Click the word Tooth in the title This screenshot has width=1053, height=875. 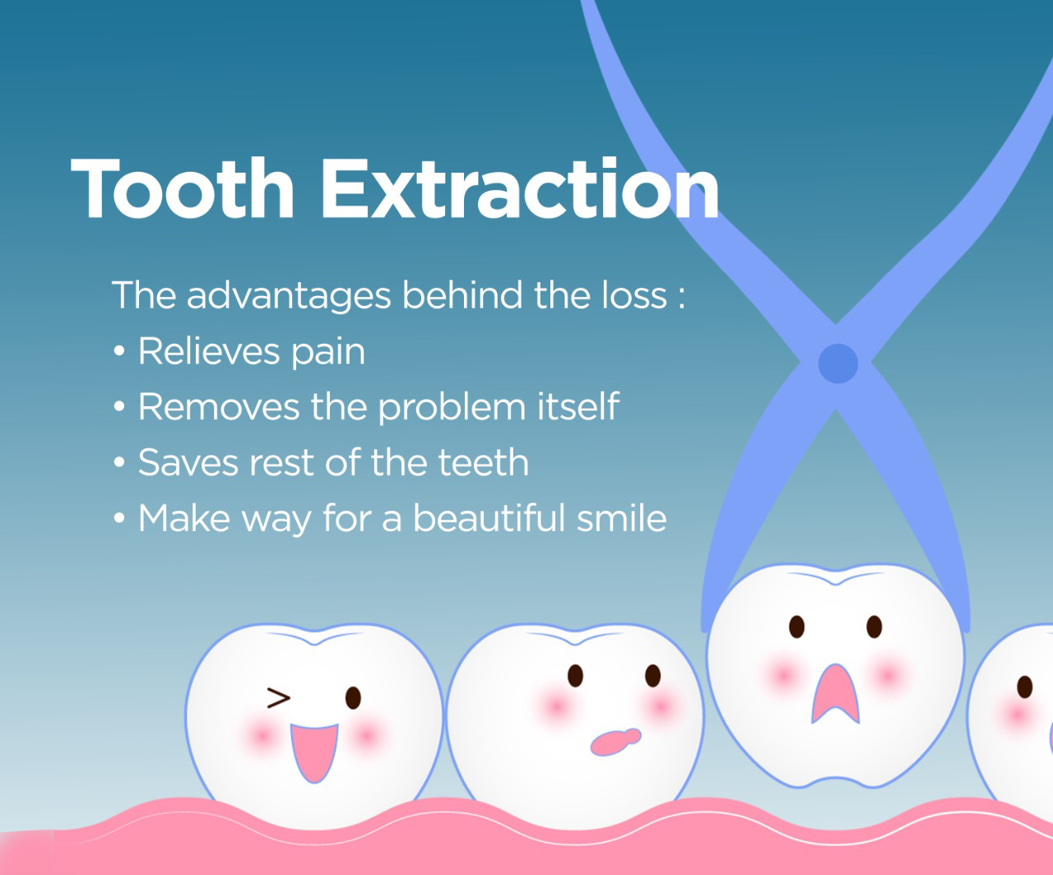(x=183, y=189)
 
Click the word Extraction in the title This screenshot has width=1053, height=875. (x=521, y=189)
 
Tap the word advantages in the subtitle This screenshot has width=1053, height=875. (x=289, y=296)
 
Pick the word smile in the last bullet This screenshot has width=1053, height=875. (x=621, y=518)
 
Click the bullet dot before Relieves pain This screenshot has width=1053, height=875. (x=119, y=351)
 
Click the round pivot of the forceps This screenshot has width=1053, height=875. (x=837, y=364)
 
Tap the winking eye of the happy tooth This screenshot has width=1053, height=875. (x=278, y=698)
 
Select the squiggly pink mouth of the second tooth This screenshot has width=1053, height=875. (x=616, y=742)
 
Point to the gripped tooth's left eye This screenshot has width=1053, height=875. (x=797, y=627)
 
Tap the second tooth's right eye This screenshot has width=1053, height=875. (x=652, y=675)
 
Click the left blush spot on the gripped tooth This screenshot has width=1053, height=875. (x=783, y=675)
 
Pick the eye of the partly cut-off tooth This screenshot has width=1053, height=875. (x=1024, y=687)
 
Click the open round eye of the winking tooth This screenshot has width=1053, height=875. (x=353, y=697)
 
